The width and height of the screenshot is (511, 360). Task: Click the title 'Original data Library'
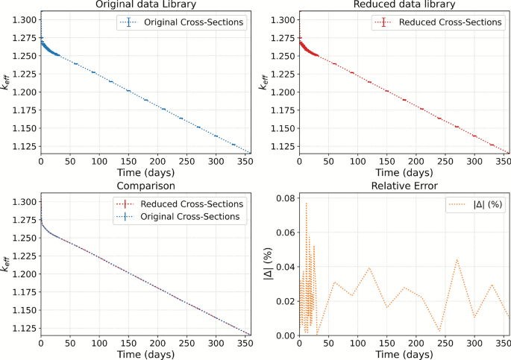point(145,4)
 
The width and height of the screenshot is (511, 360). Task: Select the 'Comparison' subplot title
point(145,185)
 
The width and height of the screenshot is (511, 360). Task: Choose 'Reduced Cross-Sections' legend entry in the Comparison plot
point(192,203)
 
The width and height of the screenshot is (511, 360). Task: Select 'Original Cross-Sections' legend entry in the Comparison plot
point(192,217)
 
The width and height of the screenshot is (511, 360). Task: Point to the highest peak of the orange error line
point(306,203)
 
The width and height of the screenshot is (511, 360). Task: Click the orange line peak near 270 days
point(457,259)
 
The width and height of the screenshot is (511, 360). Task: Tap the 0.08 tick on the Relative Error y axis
point(284,198)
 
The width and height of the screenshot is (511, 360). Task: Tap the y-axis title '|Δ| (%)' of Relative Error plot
point(269,266)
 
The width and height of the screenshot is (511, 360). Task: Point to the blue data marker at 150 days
point(128,91)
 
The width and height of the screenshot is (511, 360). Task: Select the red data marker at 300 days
point(474,136)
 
